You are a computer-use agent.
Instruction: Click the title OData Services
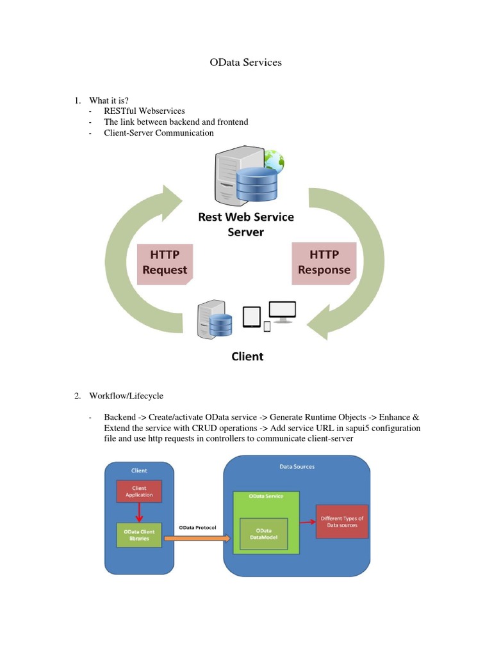click(x=246, y=63)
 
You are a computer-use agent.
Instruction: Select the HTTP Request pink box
click(x=165, y=262)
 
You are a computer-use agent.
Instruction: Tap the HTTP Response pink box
click(x=324, y=262)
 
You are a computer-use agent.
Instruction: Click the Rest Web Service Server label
click(x=246, y=224)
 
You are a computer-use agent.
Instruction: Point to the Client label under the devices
click(x=247, y=356)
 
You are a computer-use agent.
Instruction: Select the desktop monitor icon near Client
click(x=283, y=311)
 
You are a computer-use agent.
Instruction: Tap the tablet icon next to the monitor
click(x=252, y=317)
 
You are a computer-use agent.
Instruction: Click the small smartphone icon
click(x=267, y=327)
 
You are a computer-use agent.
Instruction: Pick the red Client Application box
click(x=139, y=492)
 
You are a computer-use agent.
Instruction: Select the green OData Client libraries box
click(x=139, y=535)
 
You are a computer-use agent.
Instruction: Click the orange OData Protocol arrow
click(x=197, y=539)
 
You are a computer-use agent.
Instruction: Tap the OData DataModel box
click(x=263, y=535)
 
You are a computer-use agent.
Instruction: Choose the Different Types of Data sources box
click(x=342, y=521)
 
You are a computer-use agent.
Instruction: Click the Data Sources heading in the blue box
click(x=297, y=467)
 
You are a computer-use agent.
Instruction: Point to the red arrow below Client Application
click(x=139, y=512)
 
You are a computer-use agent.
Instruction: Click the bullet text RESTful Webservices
click(x=144, y=111)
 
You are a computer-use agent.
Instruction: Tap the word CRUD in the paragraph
click(x=205, y=428)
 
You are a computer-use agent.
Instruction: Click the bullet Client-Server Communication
click(x=159, y=133)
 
